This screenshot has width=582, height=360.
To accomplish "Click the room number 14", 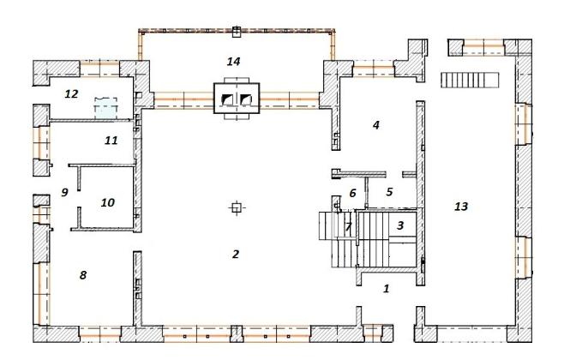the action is (x=233, y=61).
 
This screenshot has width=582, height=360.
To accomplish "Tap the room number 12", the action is (x=71, y=94).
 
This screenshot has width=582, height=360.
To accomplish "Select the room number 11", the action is (x=111, y=141).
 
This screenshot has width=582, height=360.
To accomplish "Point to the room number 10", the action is (x=108, y=202).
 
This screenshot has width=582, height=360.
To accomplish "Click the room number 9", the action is (x=64, y=192).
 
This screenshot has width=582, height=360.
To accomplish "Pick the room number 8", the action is (x=83, y=275).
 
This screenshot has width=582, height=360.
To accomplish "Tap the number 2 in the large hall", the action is (x=236, y=255).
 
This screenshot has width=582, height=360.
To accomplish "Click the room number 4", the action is (x=376, y=125).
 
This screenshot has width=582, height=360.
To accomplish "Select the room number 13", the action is (x=461, y=207).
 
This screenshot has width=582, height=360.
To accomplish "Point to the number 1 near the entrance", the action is (x=387, y=288).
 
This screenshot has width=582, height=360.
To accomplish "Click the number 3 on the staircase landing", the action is (x=400, y=225).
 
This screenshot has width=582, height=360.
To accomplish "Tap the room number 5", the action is (x=389, y=192).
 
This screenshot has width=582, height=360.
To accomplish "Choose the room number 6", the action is (x=352, y=193).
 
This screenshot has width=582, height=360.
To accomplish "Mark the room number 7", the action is (x=348, y=226).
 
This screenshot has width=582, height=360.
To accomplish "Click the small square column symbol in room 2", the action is (x=236, y=207).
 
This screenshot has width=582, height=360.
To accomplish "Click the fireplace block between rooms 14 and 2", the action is (x=237, y=99).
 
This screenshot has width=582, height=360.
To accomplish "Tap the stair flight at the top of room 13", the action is (x=470, y=81).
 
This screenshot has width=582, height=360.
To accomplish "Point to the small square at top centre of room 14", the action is (x=237, y=32).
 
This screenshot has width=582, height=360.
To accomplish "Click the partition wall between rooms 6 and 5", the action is (x=366, y=193).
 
